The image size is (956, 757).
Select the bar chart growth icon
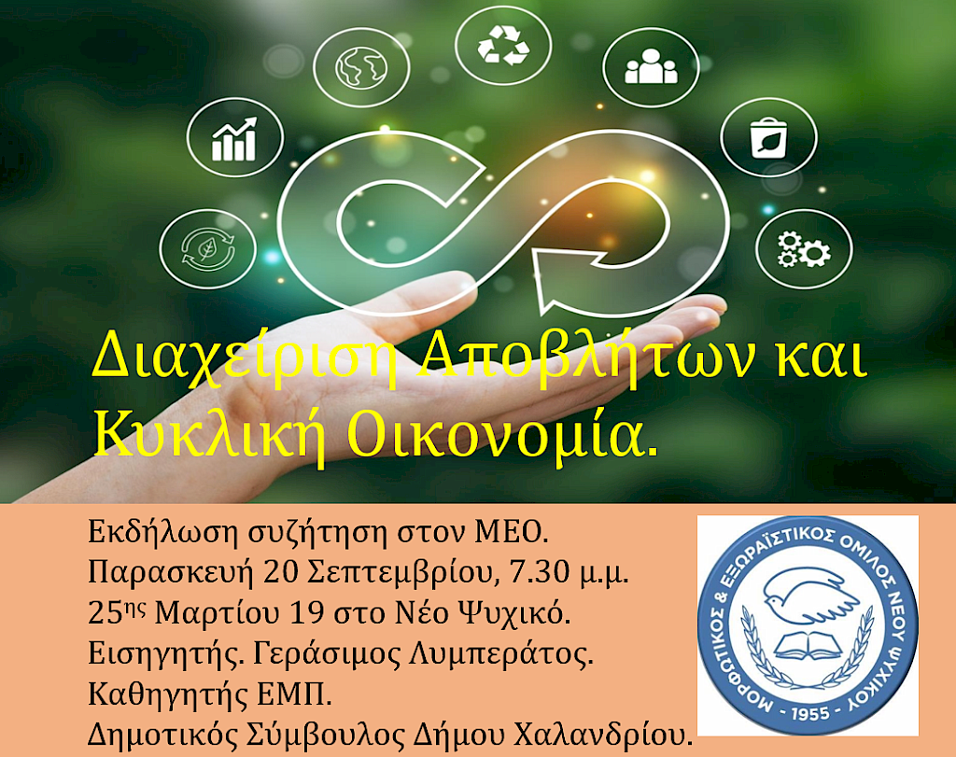pyautogui.click(x=234, y=139)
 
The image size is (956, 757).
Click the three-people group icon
pyautogui.click(x=651, y=67)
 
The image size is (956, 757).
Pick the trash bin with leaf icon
pyautogui.click(x=769, y=137)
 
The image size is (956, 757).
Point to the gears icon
pyautogui.click(x=803, y=247)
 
